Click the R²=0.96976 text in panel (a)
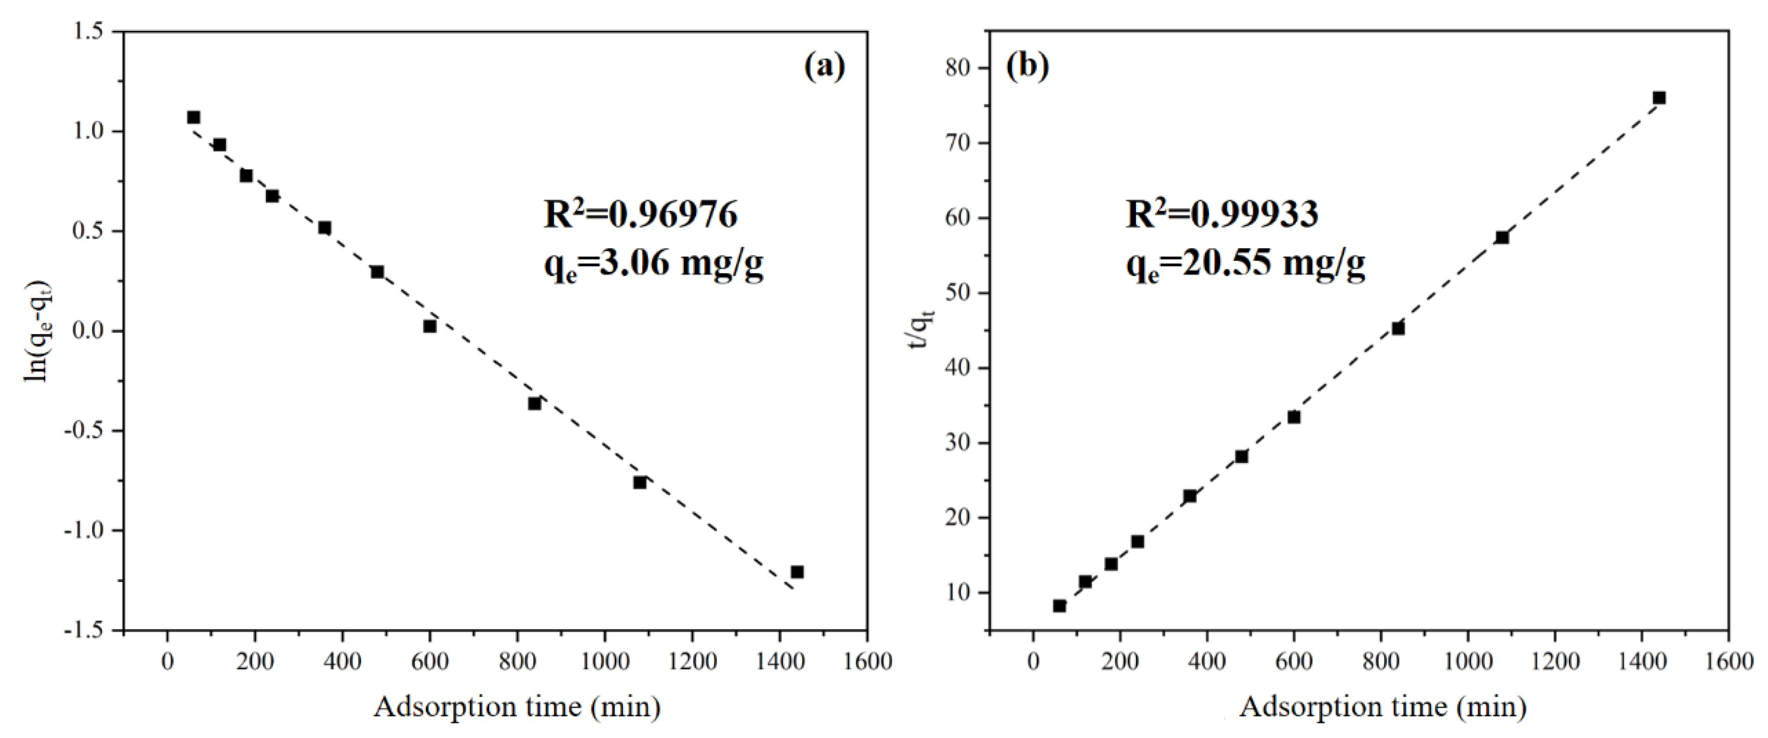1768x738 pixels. (x=640, y=216)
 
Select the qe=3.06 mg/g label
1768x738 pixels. (x=653, y=264)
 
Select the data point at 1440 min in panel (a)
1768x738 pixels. (x=797, y=572)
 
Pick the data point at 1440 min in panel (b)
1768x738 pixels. (x=1659, y=98)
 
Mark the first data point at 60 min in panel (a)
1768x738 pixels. (x=193, y=118)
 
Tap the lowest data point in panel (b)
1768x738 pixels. (x=1059, y=605)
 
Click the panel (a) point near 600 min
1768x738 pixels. (x=429, y=327)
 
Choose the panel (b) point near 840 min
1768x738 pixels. (x=1398, y=328)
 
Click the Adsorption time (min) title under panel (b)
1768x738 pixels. (x=1383, y=707)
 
